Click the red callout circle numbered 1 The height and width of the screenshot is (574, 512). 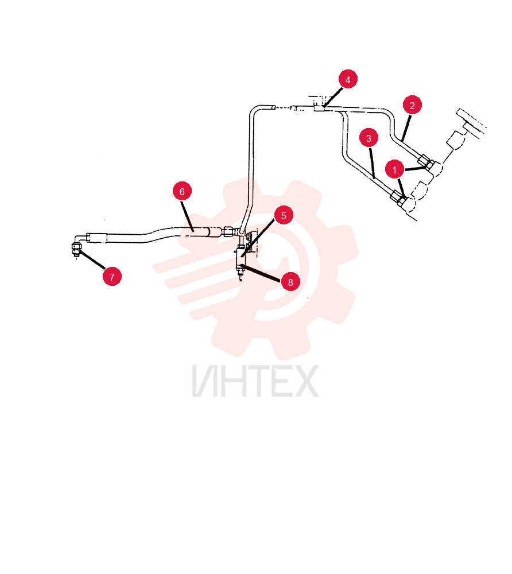[x=394, y=169]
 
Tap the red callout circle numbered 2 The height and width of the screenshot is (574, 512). [x=412, y=105]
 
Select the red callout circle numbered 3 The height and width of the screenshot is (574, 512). [x=369, y=138]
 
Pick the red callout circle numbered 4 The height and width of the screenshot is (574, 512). [x=348, y=79]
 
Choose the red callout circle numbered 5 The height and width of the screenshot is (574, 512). [x=284, y=215]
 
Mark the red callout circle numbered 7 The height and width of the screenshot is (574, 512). [x=112, y=277]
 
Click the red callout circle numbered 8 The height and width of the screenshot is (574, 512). [x=290, y=282]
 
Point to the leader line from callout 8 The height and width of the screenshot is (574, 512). [x=261, y=273]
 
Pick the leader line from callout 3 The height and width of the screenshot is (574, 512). [x=372, y=163]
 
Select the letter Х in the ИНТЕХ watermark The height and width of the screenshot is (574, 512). [x=304, y=381]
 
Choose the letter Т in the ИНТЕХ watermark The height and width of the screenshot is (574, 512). [x=257, y=381]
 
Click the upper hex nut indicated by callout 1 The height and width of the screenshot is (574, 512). [x=426, y=161]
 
